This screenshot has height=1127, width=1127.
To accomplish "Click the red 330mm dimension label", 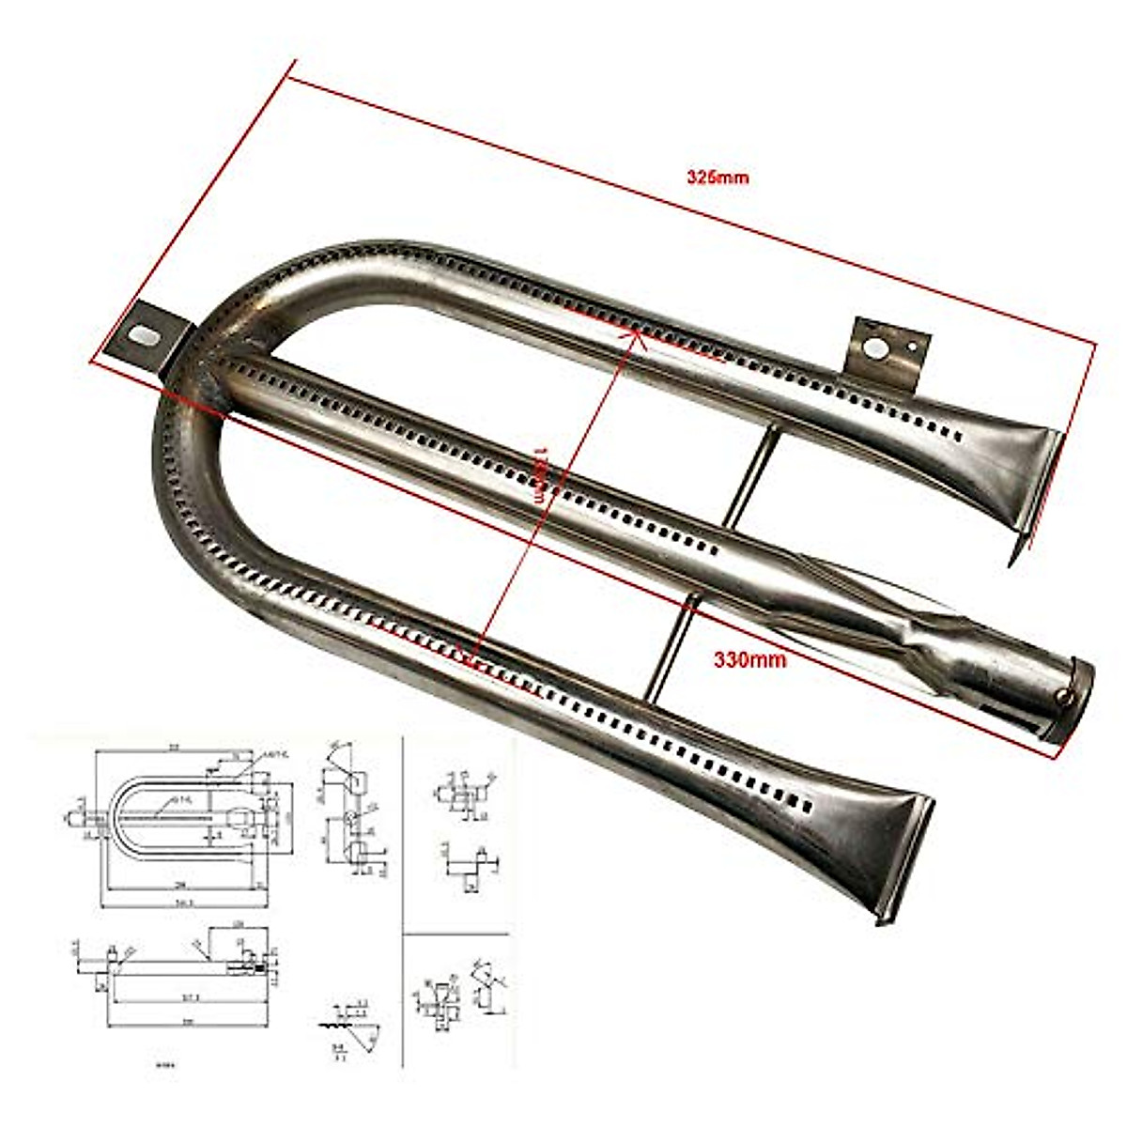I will pyautogui.click(x=749, y=659).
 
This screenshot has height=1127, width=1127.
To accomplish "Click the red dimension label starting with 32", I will pyautogui.click(x=718, y=177).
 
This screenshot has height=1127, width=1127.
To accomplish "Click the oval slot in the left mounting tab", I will pyautogui.click(x=144, y=334).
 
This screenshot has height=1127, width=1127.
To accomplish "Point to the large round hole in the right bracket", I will pyautogui.click(x=875, y=349).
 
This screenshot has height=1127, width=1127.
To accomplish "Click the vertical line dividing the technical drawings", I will pyautogui.click(x=403, y=902).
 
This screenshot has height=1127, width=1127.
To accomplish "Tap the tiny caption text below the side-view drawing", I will pyautogui.click(x=164, y=1065).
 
